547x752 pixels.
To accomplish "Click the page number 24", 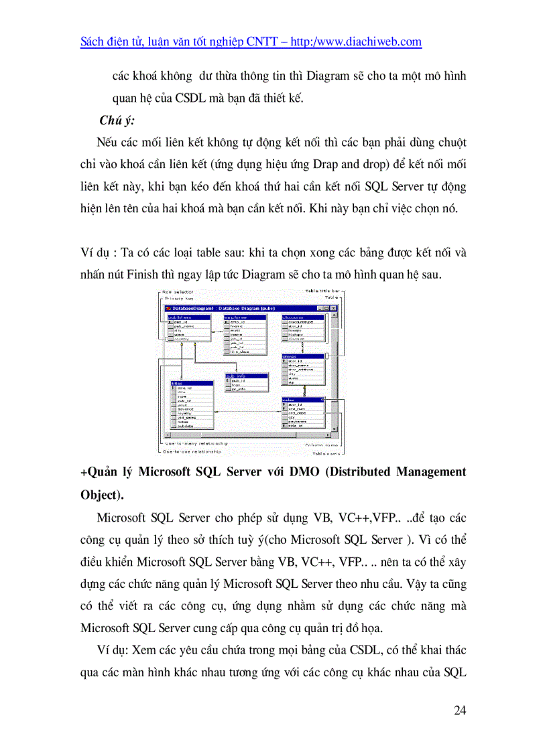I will pos(459,710).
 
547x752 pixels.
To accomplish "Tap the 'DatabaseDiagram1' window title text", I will pos(194,308).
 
